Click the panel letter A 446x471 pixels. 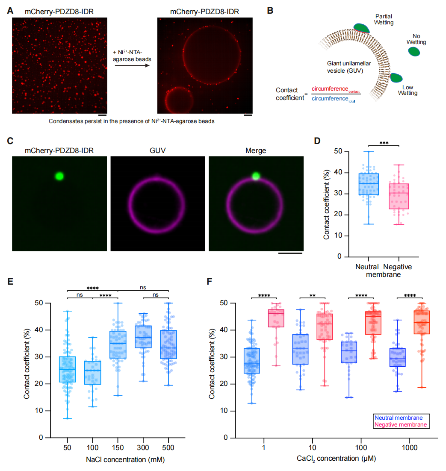pyautogui.click(x=10, y=11)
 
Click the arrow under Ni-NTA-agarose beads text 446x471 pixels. pyautogui.click(x=132, y=65)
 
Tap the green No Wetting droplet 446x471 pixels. pyautogui.click(x=414, y=51)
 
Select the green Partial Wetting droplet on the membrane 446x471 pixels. pyautogui.click(x=362, y=28)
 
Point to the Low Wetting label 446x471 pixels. pyautogui.click(x=408, y=90)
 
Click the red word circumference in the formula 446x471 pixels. pyautogui.click(x=330, y=88)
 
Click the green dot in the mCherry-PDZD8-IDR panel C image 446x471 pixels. pyautogui.click(x=59, y=176)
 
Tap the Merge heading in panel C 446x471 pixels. pyautogui.click(x=256, y=150)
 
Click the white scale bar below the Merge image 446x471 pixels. pyautogui.click(x=290, y=253)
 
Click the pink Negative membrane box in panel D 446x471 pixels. pyautogui.click(x=399, y=196)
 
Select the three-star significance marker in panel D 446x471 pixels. pyautogui.click(x=384, y=143)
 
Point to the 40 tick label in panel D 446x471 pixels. pyautogui.click(x=338, y=172)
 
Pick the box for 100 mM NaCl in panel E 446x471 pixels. pyautogui.click(x=92, y=372)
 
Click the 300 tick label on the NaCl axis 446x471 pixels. pyautogui.click(x=143, y=447)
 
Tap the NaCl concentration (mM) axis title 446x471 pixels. pyautogui.click(x=125, y=459)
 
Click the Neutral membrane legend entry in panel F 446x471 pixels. pyautogui.click(x=398, y=418)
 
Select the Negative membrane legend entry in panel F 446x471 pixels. pyautogui.click(x=401, y=424)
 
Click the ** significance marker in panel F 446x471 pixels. pyautogui.click(x=312, y=296)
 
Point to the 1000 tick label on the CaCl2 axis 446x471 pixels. pyautogui.click(x=409, y=447)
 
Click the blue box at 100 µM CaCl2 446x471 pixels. pyautogui.click(x=349, y=352)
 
